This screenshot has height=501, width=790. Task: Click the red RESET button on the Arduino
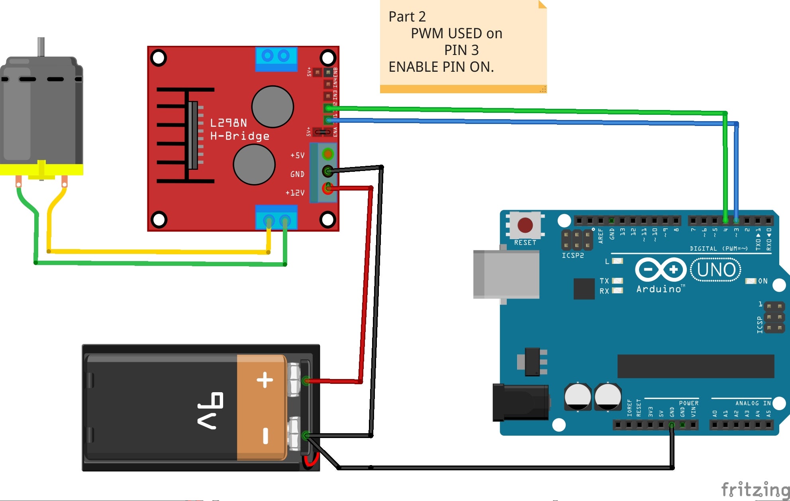point(525,225)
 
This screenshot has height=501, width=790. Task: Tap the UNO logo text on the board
point(716,270)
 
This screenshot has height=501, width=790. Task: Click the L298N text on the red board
point(228,123)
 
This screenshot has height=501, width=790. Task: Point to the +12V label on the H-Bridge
point(295,193)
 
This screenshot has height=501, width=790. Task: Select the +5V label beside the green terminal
point(297,155)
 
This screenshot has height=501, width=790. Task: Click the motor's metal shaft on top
point(41,47)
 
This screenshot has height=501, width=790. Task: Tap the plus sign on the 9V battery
point(265,380)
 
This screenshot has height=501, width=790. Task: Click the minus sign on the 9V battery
point(265,436)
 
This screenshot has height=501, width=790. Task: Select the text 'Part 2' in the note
point(407,17)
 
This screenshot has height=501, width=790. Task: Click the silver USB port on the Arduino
point(506,274)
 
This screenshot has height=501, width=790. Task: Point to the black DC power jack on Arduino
point(520,403)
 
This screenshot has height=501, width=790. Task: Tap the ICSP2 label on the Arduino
point(572,255)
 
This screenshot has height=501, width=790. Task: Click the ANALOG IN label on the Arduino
point(753,403)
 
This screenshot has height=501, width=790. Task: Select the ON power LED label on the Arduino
point(763,281)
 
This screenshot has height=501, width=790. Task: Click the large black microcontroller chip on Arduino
point(695,366)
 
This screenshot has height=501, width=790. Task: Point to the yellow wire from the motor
point(159,251)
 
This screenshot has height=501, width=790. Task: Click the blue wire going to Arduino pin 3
point(518,122)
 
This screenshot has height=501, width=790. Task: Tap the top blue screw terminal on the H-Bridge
point(276,59)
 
